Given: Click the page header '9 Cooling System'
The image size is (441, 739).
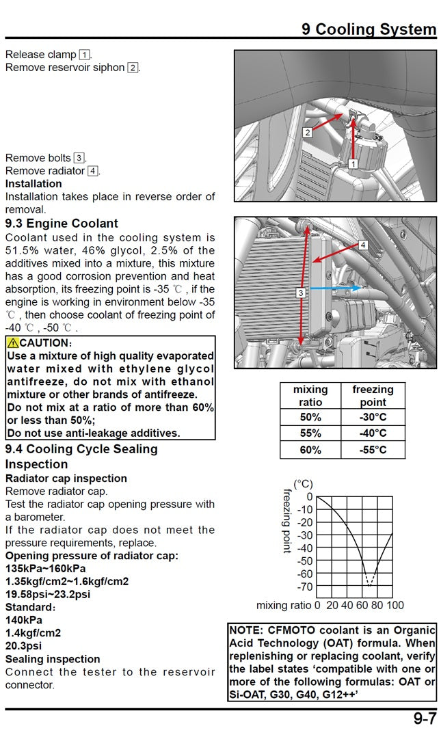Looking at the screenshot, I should click(x=369, y=29).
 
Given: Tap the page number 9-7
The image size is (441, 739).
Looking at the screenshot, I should click(x=424, y=719).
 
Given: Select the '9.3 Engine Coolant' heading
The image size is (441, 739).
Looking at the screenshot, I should click(x=62, y=224).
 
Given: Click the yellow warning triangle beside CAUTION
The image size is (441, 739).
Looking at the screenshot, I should click(x=12, y=342).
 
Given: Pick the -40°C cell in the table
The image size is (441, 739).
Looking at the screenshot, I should click(x=373, y=433).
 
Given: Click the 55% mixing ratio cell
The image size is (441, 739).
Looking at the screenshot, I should click(x=310, y=433).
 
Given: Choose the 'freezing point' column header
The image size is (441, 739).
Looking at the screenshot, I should click(x=373, y=396).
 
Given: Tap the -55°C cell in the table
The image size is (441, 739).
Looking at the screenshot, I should click(x=373, y=450).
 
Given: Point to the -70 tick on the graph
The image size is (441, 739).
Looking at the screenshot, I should click(x=304, y=587).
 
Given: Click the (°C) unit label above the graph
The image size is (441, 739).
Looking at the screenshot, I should click(x=304, y=484).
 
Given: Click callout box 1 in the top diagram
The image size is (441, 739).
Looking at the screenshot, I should click(x=353, y=164).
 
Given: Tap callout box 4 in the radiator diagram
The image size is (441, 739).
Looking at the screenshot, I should click(x=363, y=245).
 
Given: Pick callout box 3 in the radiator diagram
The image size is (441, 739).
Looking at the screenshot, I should click(x=300, y=293).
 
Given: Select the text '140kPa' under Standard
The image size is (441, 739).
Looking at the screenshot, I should click(x=24, y=620).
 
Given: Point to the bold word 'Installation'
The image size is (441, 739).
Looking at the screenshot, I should click(x=34, y=184).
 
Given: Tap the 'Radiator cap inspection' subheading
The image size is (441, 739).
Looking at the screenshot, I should click(x=66, y=479).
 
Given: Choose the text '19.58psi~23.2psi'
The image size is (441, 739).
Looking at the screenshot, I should click(x=48, y=594).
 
